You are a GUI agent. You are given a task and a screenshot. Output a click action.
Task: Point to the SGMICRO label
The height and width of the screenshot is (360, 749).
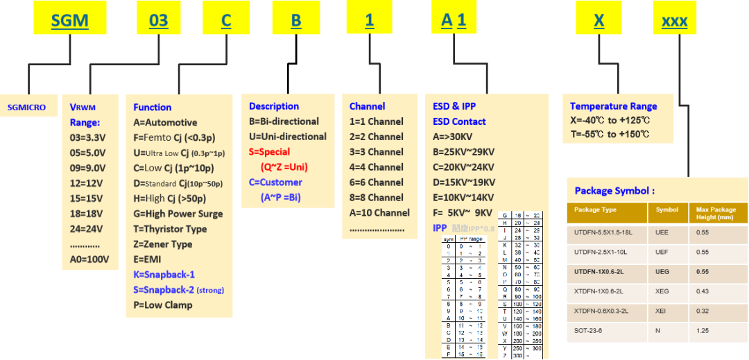point(26,108)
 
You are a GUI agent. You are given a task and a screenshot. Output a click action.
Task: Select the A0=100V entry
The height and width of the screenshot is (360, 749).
point(89,259)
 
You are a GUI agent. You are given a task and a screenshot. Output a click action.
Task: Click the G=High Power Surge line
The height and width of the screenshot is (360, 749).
point(178,214)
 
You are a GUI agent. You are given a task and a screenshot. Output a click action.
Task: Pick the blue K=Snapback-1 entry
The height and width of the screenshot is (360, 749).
point(164,274)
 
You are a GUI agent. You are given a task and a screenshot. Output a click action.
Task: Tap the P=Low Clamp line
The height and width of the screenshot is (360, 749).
point(163,305)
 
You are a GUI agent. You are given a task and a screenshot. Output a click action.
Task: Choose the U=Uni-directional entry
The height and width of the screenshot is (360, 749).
point(288,137)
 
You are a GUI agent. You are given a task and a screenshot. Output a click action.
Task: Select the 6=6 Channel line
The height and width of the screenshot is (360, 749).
point(376,182)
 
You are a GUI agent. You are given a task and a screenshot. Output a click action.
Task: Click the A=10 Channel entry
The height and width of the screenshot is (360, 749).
point(379,213)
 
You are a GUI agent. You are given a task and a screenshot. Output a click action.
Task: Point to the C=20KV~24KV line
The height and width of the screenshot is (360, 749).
point(464,167)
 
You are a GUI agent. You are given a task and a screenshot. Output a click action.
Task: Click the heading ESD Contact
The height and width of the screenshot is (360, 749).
point(459,121)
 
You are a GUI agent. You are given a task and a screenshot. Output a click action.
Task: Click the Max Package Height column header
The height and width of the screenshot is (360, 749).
point(718,213)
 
